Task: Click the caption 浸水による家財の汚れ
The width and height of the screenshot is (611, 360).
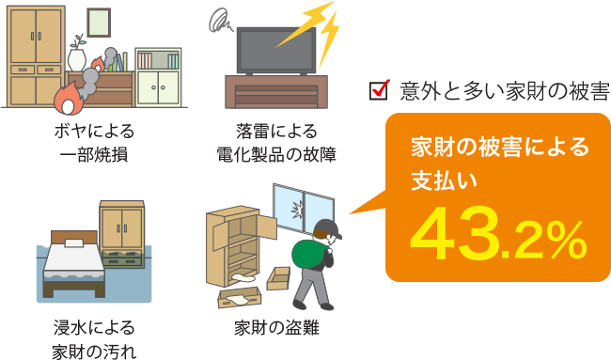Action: pos(94,339)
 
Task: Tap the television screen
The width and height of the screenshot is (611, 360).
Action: pos(270,52)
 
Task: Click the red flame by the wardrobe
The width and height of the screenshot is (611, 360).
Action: pos(69,93)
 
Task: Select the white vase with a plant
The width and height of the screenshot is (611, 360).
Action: pos(76,56)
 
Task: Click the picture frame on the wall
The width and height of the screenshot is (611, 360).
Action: pos(98,22)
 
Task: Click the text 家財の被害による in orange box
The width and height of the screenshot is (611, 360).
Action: pos(499,148)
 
